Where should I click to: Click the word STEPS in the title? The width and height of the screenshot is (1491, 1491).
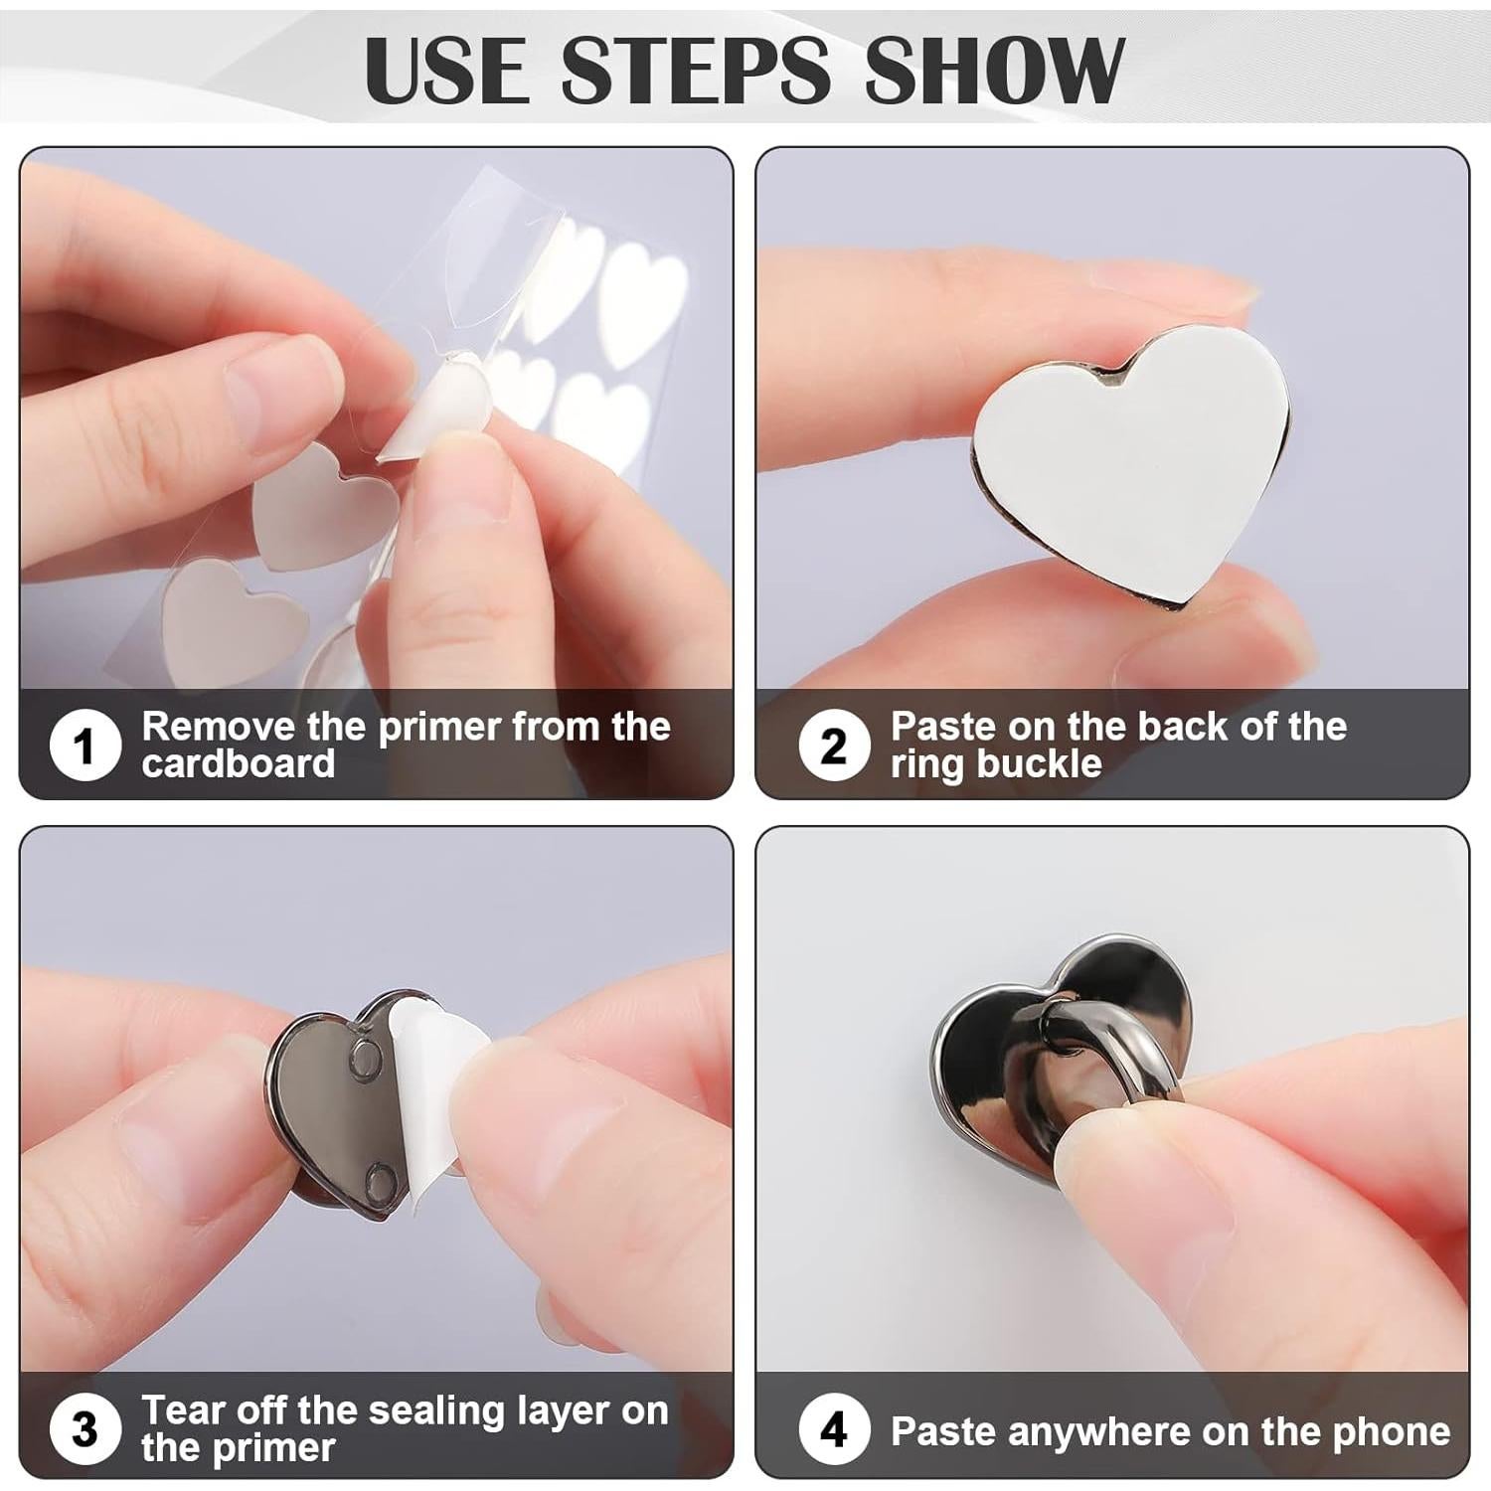point(695,69)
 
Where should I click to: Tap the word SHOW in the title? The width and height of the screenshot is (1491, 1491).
point(993,69)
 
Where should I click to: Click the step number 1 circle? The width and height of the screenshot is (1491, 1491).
point(84,745)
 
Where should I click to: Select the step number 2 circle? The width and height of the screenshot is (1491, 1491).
point(833,745)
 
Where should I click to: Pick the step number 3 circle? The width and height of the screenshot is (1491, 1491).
point(84,1430)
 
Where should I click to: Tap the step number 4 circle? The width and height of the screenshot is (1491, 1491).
point(833,1430)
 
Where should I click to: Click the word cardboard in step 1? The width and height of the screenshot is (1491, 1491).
point(239,763)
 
